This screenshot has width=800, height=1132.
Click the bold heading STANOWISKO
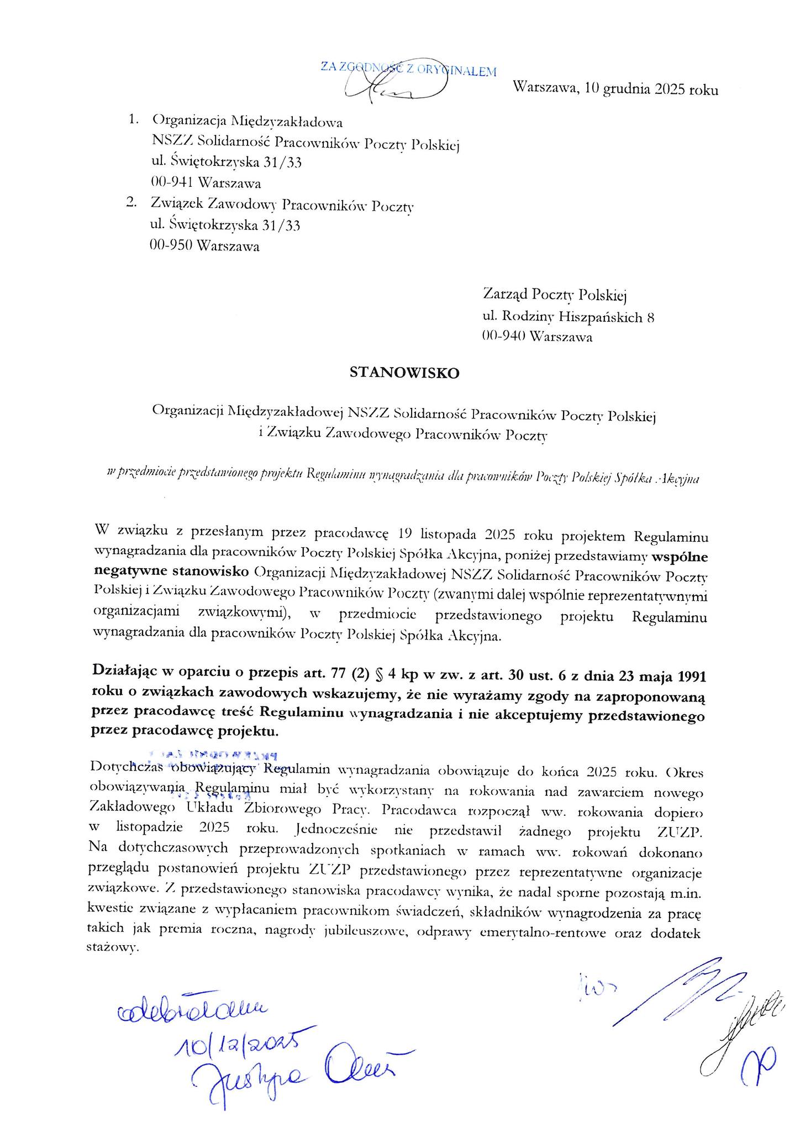[404, 374]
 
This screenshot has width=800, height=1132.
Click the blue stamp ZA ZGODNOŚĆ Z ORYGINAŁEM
[408, 70]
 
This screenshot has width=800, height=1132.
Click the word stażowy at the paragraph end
[111, 948]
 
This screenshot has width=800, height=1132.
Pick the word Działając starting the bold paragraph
[124, 677]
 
